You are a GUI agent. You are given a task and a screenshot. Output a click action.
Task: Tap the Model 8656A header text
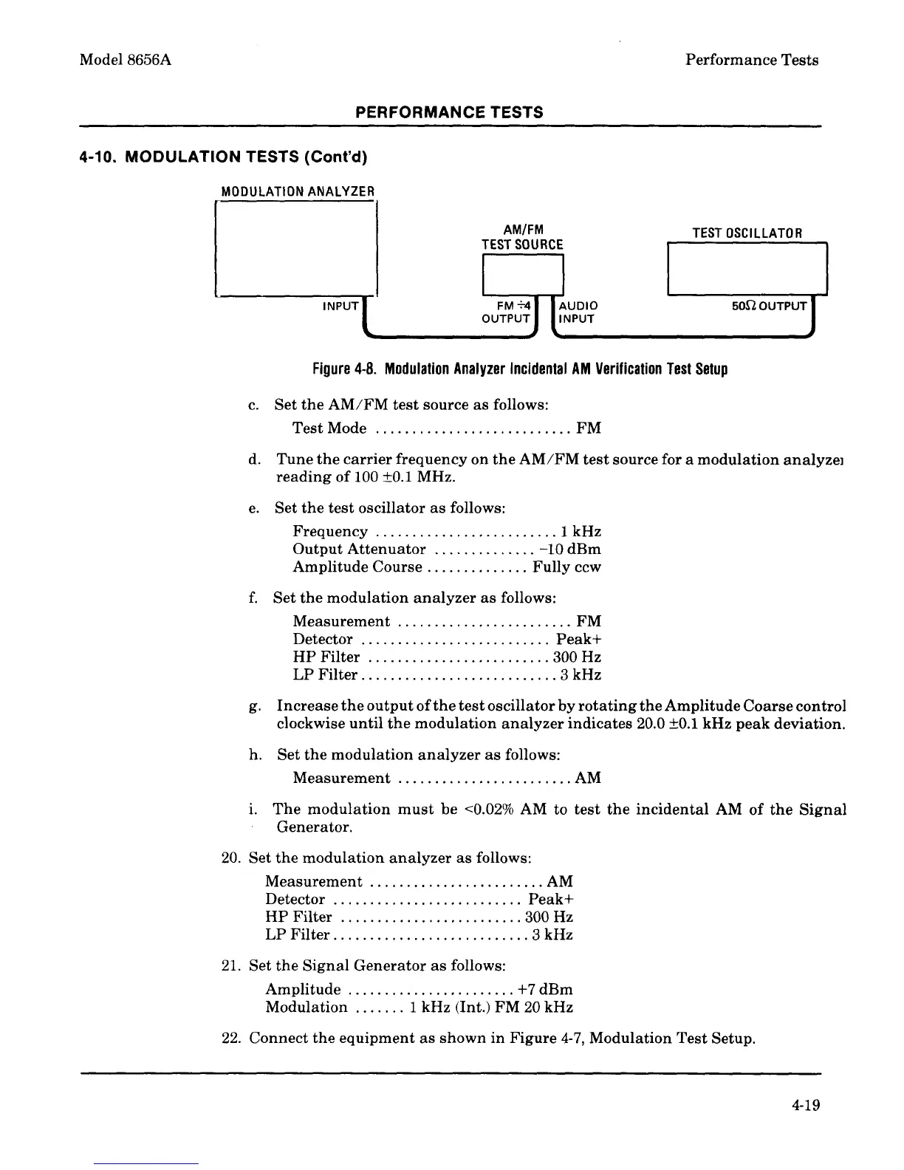coord(126,60)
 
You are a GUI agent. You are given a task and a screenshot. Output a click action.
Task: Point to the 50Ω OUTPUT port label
coord(768,306)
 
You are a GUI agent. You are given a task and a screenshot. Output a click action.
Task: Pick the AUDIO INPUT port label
coord(578,312)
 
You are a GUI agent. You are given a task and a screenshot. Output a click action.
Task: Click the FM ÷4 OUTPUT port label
coord(507,312)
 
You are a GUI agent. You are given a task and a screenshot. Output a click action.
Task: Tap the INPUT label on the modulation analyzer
coord(340,306)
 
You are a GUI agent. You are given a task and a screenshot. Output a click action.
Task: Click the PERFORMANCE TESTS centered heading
coord(449,112)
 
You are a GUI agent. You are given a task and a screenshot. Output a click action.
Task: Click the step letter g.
coord(253,707)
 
